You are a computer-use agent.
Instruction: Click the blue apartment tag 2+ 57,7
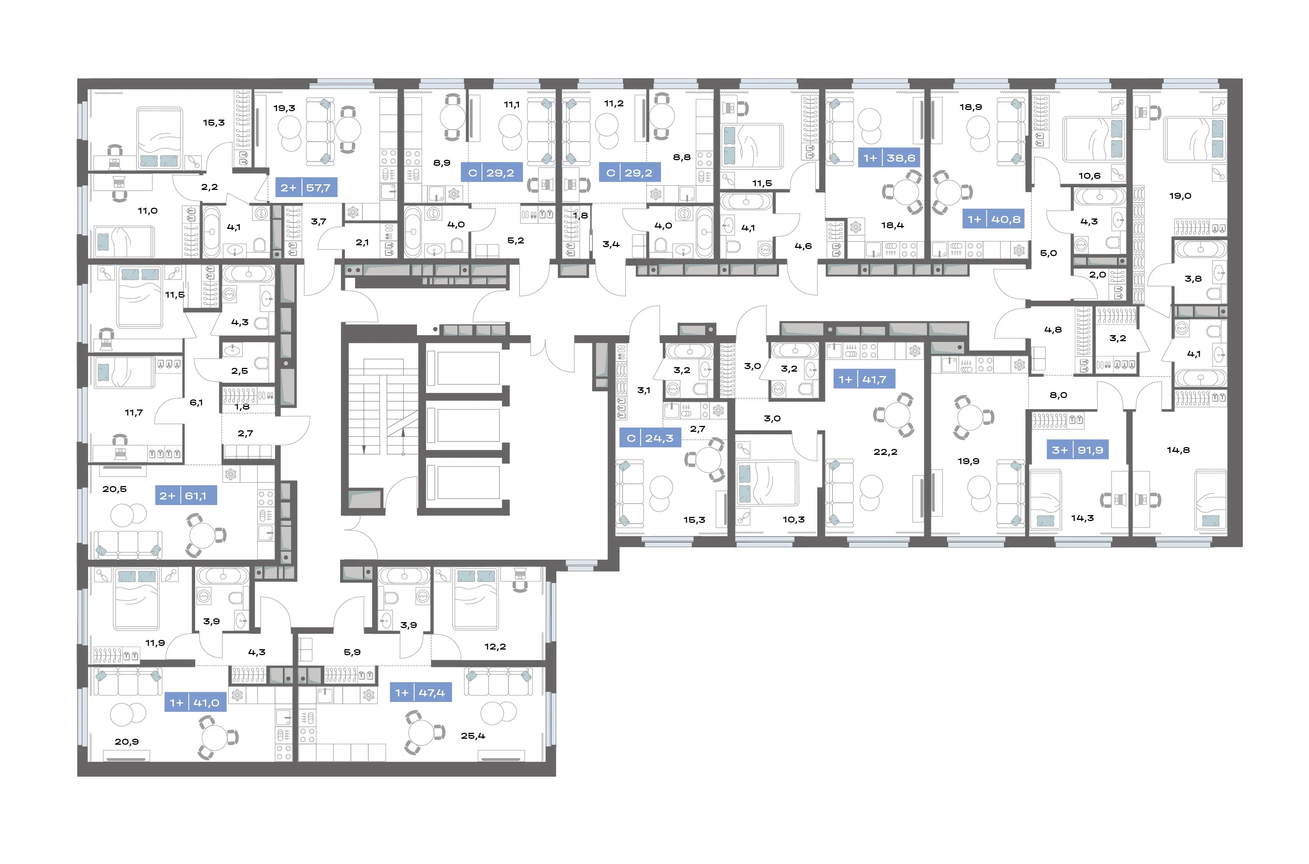pyautogui.click(x=306, y=187)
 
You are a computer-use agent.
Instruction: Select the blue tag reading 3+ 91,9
pyautogui.click(x=1077, y=450)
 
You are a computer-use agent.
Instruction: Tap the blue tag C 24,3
pyautogui.click(x=650, y=438)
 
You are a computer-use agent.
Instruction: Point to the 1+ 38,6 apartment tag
pyautogui.click(x=889, y=158)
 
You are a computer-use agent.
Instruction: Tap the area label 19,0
pyautogui.click(x=1180, y=195)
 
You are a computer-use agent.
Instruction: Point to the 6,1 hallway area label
pyautogui.click(x=196, y=402)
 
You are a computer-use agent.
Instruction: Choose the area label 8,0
pyautogui.click(x=1058, y=395)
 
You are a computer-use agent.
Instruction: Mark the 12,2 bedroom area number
pyautogui.click(x=495, y=646)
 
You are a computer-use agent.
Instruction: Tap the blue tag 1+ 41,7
pyautogui.click(x=864, y=379)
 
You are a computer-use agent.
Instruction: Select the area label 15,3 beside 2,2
pyautogui.click(x=214, y=122)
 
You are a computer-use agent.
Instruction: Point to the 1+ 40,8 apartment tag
pyautogui.click(x=994, y=219)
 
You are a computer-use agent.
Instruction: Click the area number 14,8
pyautogui.click(x=1179, y=450)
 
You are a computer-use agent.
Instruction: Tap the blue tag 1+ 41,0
pyautogui.click(x=195, y=703)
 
